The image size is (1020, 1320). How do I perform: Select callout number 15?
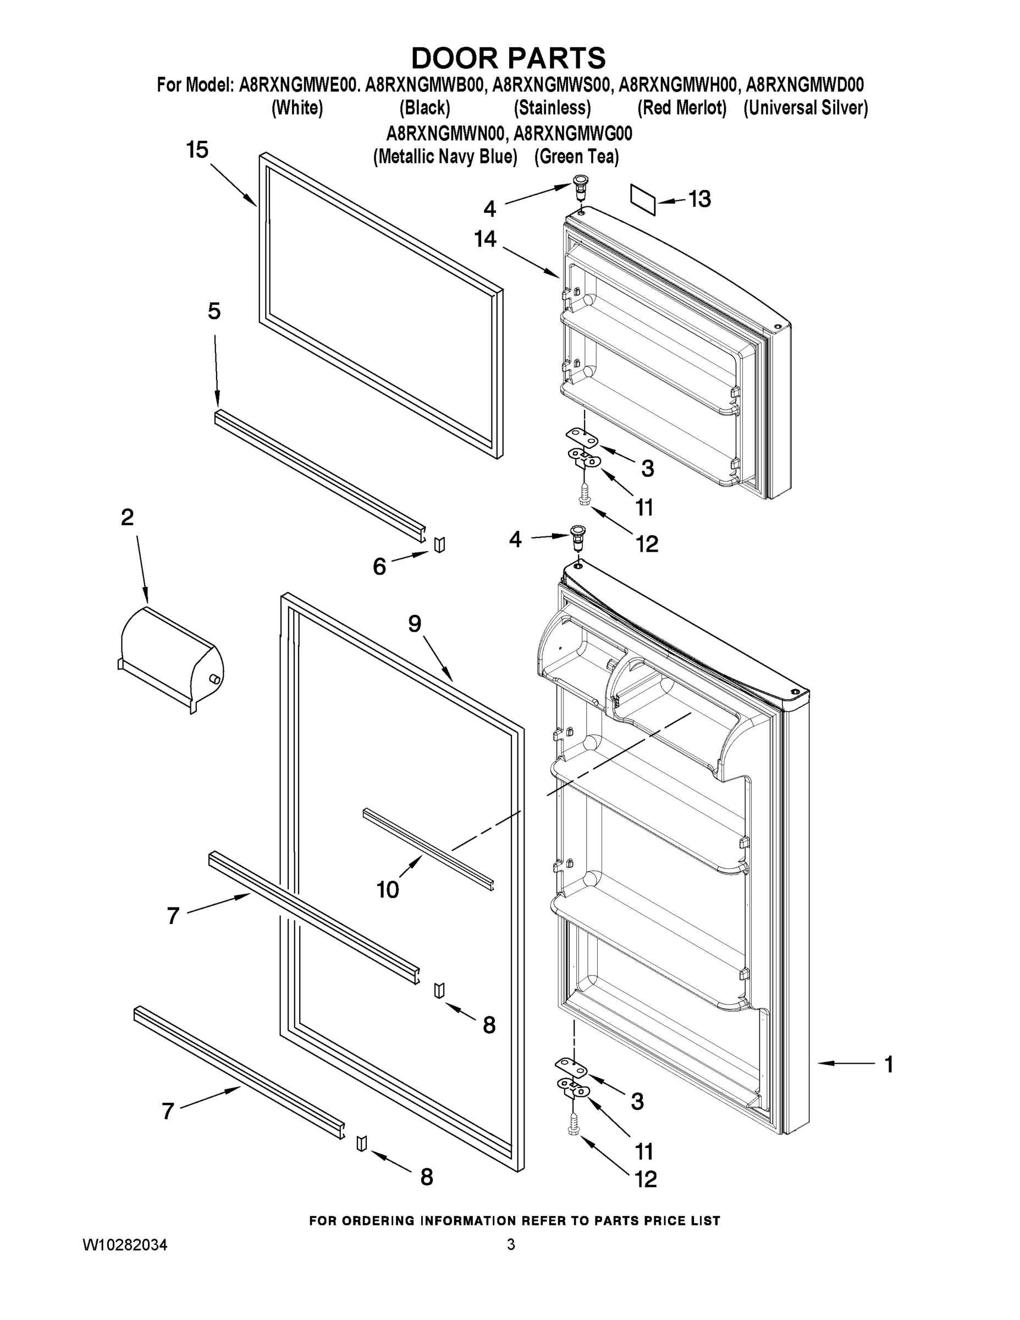197,150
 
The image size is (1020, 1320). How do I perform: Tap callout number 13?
700,199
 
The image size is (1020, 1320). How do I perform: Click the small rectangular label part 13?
643,200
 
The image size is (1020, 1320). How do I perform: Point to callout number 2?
127,518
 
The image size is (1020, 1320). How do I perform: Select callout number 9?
415,624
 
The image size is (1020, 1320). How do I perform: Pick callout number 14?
485,239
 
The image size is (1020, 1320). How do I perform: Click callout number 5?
214,311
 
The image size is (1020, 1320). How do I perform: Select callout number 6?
379,566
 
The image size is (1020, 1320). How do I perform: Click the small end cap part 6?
439,544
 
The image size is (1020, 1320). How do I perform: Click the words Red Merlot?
682,108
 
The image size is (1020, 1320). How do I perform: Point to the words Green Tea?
576,157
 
